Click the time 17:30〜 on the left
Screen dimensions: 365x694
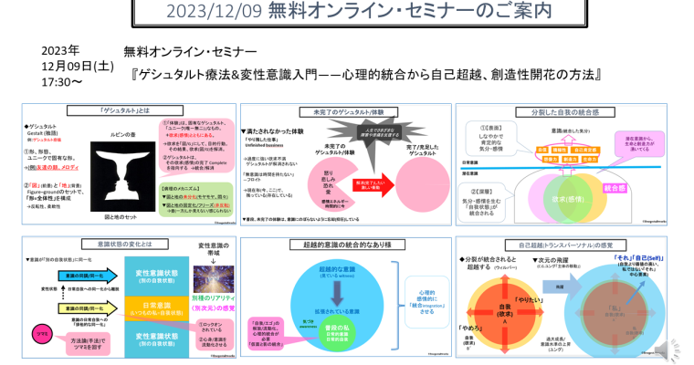tap(62, 80)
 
